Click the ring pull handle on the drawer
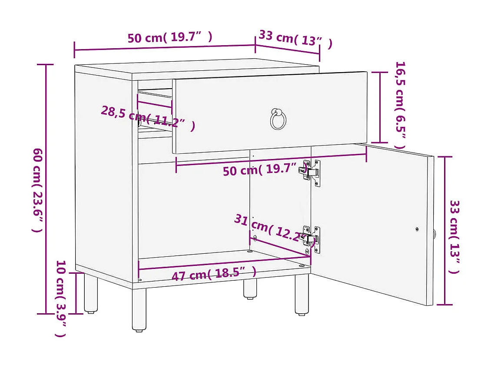[x=278, y=119]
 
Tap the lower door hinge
[x=312, y=239]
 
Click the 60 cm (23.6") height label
[x=38, y=190]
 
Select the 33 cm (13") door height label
[x=454, y=236]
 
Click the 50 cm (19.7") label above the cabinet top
[x=170, y=37]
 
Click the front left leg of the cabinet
[x=139, y=309]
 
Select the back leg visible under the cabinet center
[x=250, y=288]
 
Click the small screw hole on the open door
[x=417, y=229]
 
